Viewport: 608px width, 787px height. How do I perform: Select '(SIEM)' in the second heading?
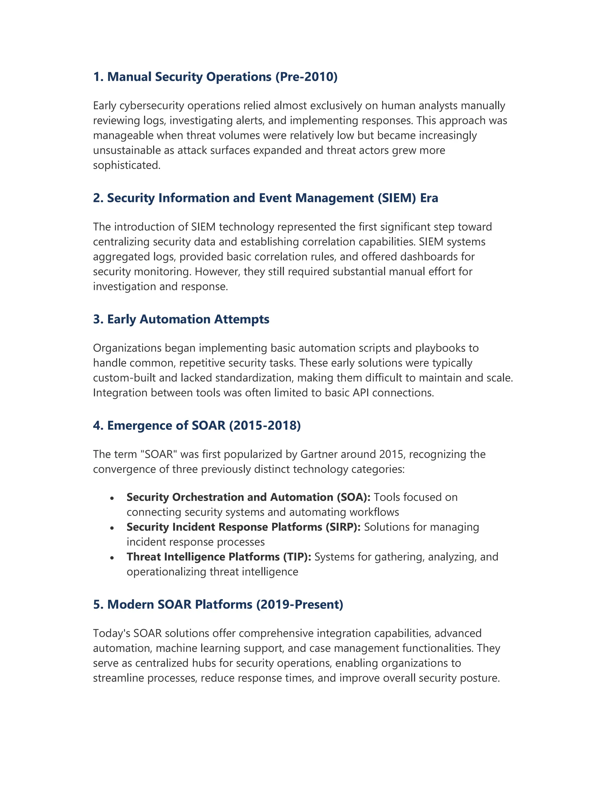pyautogui.click(x=397, y=198)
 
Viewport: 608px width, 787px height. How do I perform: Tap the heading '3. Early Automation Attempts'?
pyautogui.click(x=181, y=319)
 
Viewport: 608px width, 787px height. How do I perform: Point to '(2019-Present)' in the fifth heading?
pyautogui.click(x=300, y=604)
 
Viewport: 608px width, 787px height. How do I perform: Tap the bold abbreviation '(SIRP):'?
pyautogui.click(x=343, y=527)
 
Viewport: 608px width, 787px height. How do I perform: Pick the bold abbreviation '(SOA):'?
pyautogui.click(x=353, y=497)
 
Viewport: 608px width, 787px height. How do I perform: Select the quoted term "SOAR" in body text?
pyautogui.click(x=159, y=454)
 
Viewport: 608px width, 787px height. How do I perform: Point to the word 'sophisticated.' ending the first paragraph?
pyautogui.click(x=127, y=165)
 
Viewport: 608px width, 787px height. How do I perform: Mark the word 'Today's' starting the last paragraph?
pyautogui.click(x=111, y=633)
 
